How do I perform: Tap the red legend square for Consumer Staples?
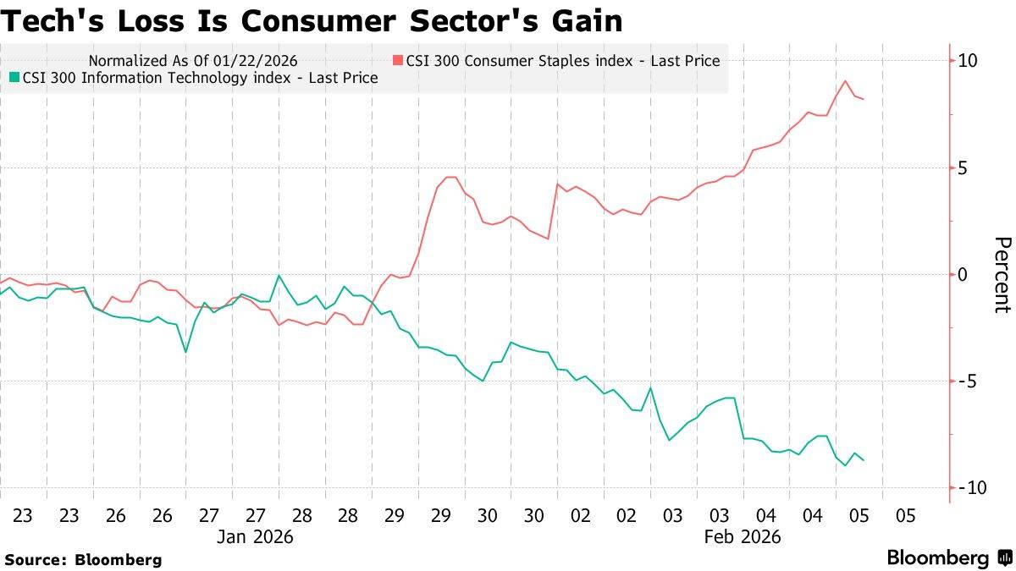pos(397,60)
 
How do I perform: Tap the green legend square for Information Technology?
pos(14,78)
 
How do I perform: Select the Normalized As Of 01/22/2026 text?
pos(193,60)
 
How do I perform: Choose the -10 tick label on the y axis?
pos(969,487)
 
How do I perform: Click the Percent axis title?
pos(1002,275)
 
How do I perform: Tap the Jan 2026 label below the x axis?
pos(255,536)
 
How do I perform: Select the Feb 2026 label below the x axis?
pos(743,536)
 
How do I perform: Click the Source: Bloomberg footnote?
pos(83,559)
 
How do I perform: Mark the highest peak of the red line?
pos(845,81)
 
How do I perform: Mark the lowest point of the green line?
pos(845,465)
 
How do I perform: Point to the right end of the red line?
pos(863,99)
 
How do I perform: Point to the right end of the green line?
pos(863,460)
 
